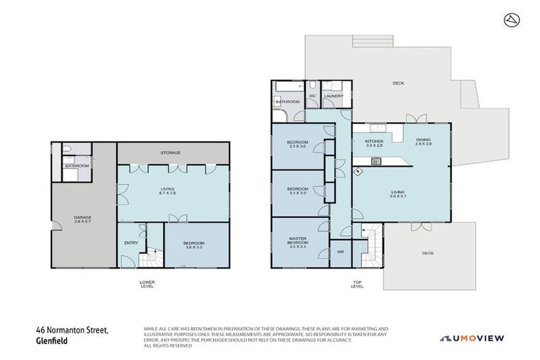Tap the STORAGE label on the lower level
point(171,153)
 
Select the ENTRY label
point(131,243)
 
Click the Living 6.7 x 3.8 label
point(167,191)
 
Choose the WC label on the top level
point(312,96)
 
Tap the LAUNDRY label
point(333,96)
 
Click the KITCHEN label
point(373,143)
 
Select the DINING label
point(423,141)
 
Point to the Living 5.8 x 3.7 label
point(398,193)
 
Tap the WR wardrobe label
point(340,251)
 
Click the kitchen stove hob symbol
point(377,161)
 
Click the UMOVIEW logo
point(472,338)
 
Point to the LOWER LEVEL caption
point(148,284)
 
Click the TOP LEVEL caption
point(357,284)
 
